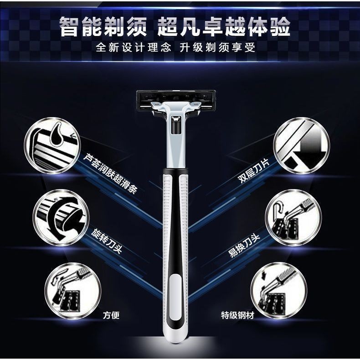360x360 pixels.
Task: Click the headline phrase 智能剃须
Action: pos(103,27)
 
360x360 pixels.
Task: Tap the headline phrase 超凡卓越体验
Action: pos(224,27)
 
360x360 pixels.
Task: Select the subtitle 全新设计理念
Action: pos(134,47)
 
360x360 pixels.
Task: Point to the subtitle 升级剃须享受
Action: pos(217,47)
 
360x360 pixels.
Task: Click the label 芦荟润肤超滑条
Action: pos(110,174)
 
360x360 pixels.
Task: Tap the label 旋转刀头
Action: pos(106,241)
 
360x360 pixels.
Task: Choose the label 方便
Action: pos(111,315)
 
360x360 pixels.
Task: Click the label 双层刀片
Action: pos(253,171)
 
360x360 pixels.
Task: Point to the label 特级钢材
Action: pos(237,315)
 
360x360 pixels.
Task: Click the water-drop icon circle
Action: pos(52,145)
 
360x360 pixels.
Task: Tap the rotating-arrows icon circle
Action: pos(61,217)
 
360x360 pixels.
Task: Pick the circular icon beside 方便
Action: pos(73,291)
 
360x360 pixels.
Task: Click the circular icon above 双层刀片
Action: pos(302,145)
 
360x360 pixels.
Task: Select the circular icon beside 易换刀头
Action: pos(293,217)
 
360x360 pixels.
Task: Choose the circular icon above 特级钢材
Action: pos(279,290)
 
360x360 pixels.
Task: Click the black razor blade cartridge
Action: pos(176,100)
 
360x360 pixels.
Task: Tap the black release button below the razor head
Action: pos(176,125)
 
